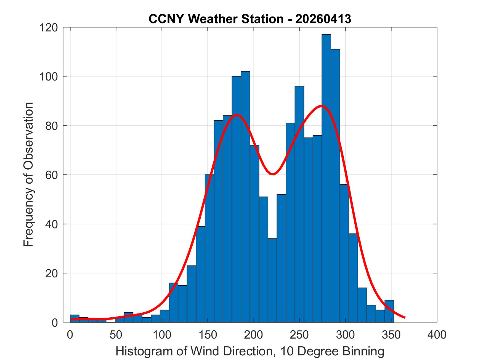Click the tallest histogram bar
(327, 178)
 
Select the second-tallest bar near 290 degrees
(335, 186)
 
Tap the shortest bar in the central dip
(272, 280)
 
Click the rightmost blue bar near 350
(389, 311)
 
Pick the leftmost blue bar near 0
(75, 318)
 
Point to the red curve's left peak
(237, 115)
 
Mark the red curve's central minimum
(273, 174)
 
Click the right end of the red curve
(405, 318)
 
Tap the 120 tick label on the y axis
(49, 28)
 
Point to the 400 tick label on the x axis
(437, 335)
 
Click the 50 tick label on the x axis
(116, 335)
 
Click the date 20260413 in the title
(323, 19)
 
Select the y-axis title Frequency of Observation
(29, 175)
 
